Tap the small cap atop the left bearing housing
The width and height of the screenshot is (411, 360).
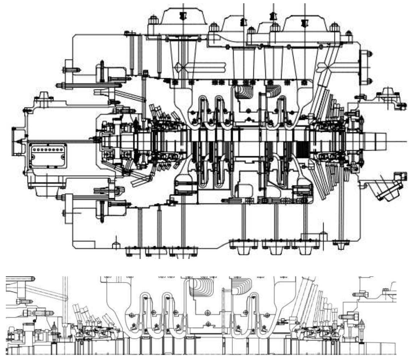pos(43,96)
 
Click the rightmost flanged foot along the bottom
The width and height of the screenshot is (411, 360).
pos(341,245)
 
